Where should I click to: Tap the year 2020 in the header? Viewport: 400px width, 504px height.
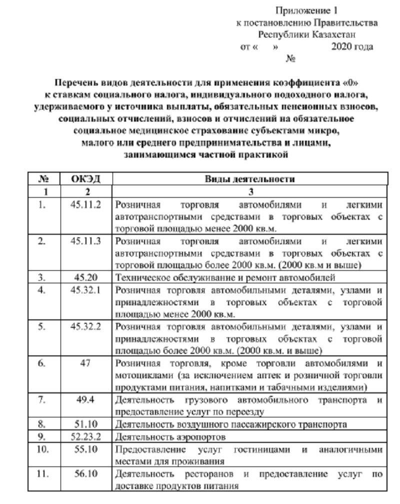340,47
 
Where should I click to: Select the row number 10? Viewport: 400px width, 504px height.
43,449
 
